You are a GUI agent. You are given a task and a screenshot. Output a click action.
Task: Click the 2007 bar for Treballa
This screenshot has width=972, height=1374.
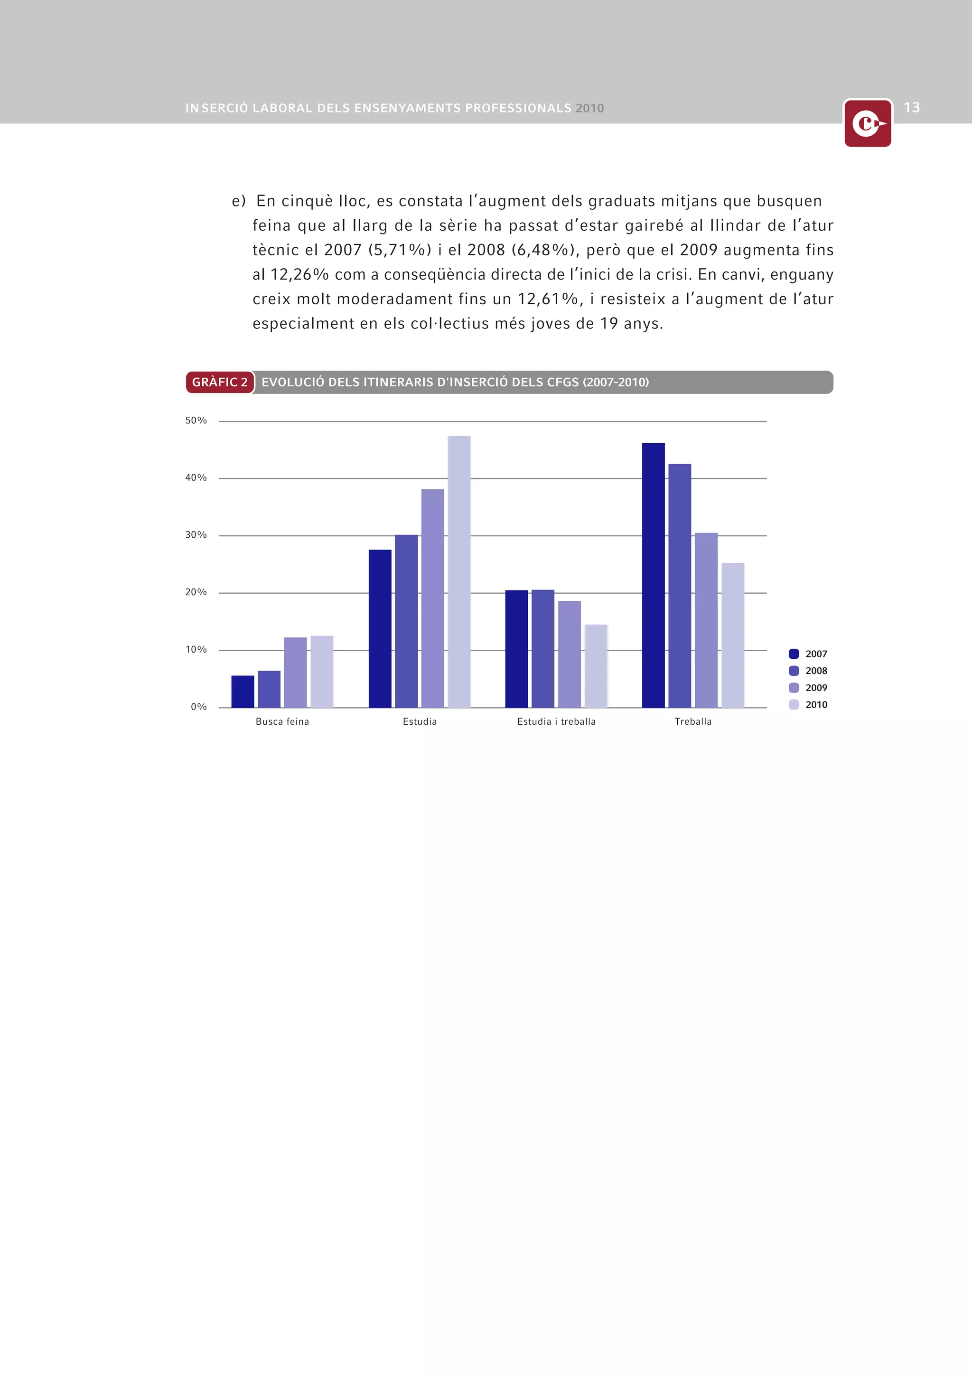pyautogui.click(x=653, y=574)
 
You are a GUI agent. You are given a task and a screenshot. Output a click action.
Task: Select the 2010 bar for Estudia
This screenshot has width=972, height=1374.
pyautogui.click(x=459, y=571)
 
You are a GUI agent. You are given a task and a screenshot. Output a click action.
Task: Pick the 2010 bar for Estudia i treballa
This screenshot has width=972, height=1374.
pyautogui.click(x=596, y=665)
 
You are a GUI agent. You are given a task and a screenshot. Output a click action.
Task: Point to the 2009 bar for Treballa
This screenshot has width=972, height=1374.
pyautogui.click(x=706, y=620)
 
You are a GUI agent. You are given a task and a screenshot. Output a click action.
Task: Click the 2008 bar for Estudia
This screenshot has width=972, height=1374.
pyautogui.click(x=406, y=621)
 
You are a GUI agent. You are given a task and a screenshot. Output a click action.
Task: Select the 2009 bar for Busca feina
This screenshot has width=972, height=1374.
pyautogui.click(x=295, y=672)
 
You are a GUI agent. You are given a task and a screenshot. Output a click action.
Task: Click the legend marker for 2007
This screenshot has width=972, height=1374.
pyautogui.click(x=794, y=654)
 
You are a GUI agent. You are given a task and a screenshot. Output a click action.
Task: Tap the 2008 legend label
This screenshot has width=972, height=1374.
pyautogui.click(x=816, y=671)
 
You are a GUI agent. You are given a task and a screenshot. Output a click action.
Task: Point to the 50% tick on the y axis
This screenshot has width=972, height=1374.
pyautogui.click(x=196, y=421)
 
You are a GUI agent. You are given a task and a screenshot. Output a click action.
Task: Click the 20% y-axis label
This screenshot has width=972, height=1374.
pyautogui.click(x=196, y=592)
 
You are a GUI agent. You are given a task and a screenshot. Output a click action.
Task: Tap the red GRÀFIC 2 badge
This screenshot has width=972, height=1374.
pyautogui.click(x=220, y=382)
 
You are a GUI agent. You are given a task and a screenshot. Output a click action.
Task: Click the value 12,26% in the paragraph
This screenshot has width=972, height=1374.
pyautogui.click(x=299, y=275)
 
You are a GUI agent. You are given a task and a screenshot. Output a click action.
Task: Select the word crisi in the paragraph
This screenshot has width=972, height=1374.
pyautogui.click(x=673, y=275)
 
